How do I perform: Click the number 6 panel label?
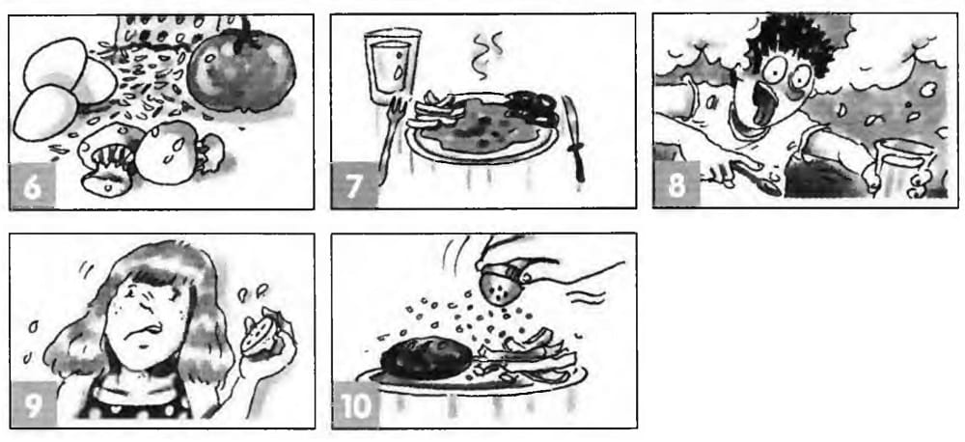[32, 186]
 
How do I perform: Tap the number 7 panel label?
[353, 186]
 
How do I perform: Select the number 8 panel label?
[675, 184]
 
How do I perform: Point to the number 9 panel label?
[33, 405]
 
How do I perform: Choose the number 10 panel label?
[356, 406]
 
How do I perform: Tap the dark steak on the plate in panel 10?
[426, 361]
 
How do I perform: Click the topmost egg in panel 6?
[55, 64]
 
